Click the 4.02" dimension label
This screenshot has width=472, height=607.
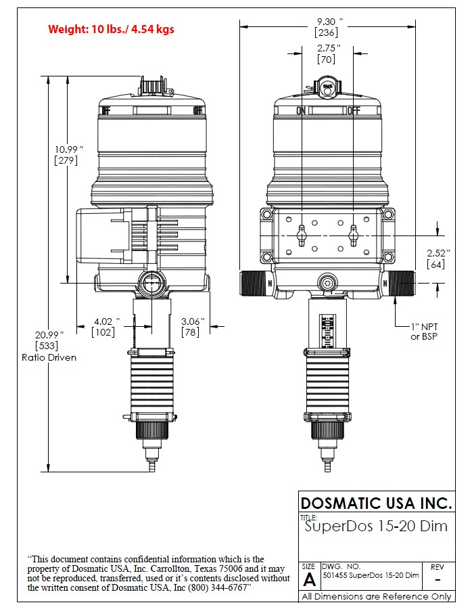105,321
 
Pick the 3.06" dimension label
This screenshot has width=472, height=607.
193,321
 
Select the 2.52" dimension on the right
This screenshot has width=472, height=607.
436,253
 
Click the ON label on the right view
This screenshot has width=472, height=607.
301,111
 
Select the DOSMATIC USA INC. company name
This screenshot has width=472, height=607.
376,503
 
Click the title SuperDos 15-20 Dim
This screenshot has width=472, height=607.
376,526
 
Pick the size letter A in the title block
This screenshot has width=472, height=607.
309,579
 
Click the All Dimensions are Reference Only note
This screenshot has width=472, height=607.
376,597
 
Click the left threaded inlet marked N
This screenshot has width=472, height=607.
256,283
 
